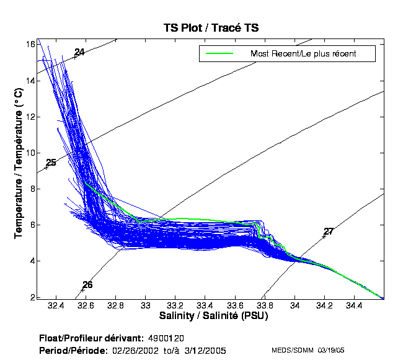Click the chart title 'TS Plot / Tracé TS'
(210, 28)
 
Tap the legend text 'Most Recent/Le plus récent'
(303, 53)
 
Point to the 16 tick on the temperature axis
(29, 44)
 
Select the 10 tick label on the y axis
(29, 153)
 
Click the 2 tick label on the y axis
(32, 297)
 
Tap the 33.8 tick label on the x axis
(265, 306)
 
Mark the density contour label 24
(79, 52)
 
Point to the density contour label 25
(51, 163)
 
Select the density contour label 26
(87, 285)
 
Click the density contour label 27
(329, 232)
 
